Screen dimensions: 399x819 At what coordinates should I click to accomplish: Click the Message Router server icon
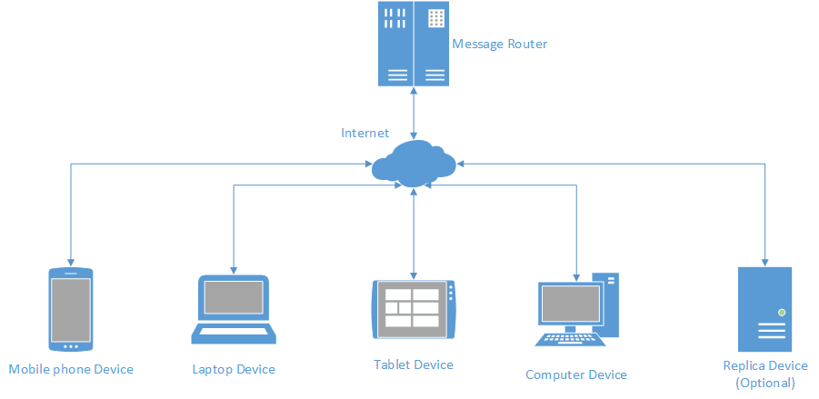coord(414,45)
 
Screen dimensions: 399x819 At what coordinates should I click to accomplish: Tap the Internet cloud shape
coord(414,164)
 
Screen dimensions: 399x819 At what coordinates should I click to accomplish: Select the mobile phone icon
coord(71,309)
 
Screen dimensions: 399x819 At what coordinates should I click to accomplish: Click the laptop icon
coord(233,309)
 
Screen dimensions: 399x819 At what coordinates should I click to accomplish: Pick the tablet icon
coord(414,309)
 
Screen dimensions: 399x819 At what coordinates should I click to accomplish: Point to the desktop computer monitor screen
coord(570,302)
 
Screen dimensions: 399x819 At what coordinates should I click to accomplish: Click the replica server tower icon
coord(764,309)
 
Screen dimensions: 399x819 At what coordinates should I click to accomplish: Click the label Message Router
coord(499,44)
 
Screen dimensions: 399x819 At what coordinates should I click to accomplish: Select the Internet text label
coord(365,133)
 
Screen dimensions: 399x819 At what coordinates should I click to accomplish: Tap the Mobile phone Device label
coord(71,369)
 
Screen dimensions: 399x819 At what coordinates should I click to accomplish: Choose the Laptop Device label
coord(234,369)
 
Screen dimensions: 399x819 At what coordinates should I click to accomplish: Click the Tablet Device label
coord(414,364)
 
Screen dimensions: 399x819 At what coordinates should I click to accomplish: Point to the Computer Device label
coord(576,374)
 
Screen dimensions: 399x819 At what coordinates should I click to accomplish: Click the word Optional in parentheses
coord(765,383)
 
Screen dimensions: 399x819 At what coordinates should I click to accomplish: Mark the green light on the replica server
coord(781,312)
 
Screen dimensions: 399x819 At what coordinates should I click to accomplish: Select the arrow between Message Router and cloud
coord(414,114)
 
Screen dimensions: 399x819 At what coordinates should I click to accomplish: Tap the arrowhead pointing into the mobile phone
coord(71,260)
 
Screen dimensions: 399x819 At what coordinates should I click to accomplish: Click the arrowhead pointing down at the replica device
coord(764,260)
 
